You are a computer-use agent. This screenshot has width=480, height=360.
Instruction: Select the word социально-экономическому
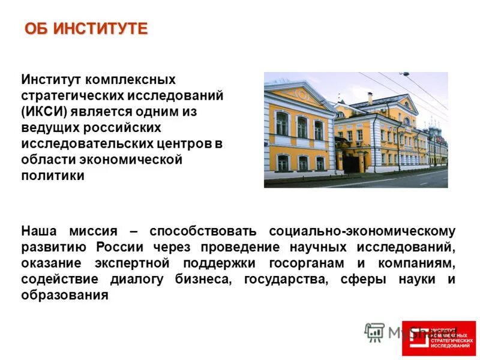click(x=362, y=230)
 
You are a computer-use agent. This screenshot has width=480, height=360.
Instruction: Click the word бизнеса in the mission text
click(x=200, y=279)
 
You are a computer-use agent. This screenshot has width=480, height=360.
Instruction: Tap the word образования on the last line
click(x=65, y=295)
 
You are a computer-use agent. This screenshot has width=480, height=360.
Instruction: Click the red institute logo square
click(x=439, y=338)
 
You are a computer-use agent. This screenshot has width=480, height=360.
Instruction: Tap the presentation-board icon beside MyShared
click(x=374, y=332)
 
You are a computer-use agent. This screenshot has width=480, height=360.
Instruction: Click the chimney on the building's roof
click(x=370, y=97)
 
